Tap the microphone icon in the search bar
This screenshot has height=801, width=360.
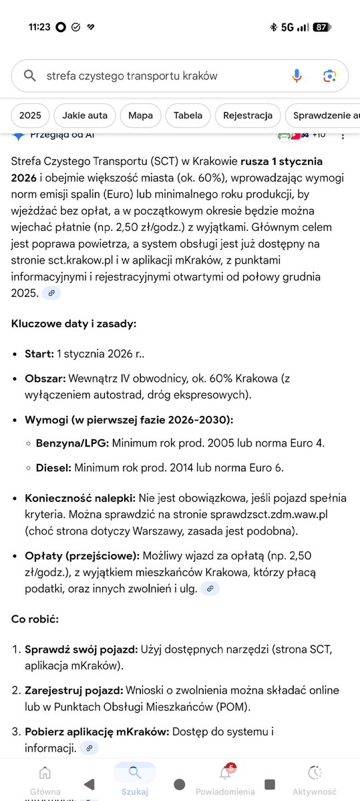[297, 75]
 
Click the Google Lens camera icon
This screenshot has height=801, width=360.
[329, 75]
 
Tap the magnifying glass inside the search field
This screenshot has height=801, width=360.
[29, 75]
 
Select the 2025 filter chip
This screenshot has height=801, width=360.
[30, 115]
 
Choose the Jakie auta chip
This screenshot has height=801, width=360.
[84, 115]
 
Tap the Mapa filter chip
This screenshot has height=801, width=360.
[140, 115]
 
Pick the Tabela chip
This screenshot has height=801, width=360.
[188, 115]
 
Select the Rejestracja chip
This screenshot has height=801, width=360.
[248, 115]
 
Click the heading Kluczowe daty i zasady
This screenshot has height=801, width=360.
[73, 323]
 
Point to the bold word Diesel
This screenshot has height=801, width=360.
[53, 467]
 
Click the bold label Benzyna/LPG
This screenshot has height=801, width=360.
[73, 443]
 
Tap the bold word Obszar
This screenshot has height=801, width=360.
[44, 379]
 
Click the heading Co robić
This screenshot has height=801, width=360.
[35, 619]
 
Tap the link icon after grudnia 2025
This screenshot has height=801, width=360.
[51, 293]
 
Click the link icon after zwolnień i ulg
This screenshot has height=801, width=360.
[210, 588]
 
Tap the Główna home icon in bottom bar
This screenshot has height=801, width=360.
[45, 774]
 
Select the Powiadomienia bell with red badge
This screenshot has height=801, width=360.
[225, 773]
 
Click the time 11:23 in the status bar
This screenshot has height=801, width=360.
[39, 27]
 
